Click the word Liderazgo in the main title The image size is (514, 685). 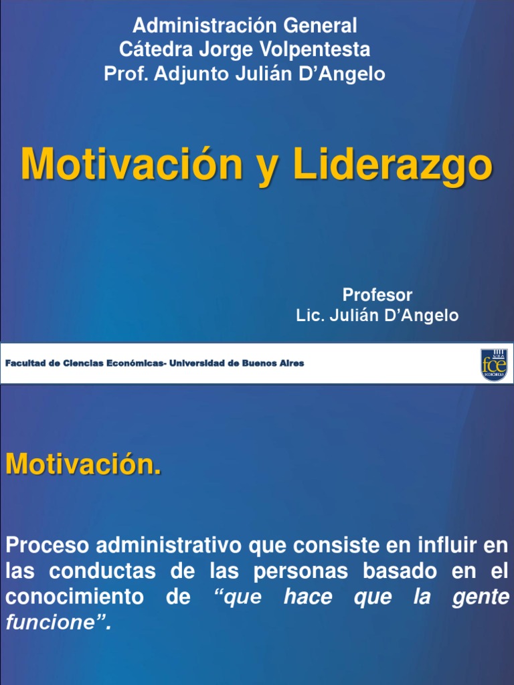(393, 165)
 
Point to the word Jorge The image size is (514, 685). (218, 50)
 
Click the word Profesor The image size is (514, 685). (377, 295)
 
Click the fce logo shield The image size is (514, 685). (493, 365)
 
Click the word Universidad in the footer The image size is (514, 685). (199, 363)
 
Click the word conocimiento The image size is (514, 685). (74, 597)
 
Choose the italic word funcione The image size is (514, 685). (47, 623)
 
